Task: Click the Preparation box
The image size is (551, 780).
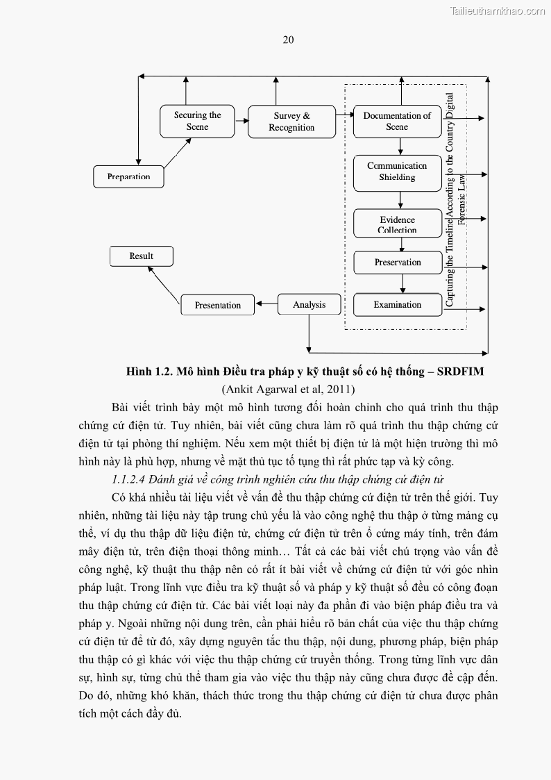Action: click(129, 176)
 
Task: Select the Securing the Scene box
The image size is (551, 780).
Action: click(197, 121)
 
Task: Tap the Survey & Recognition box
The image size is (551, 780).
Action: click(291, 122)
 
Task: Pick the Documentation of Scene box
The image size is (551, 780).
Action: click(397, 121)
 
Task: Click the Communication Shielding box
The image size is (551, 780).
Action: click(397, 172)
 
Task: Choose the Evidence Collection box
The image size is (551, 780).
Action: click(397, 224)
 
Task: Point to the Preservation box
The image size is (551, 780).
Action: click(398, 263)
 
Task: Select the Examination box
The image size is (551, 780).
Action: click(397, 305)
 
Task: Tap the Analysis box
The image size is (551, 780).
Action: click(309, 305)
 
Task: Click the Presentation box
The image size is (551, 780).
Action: click(218, 306)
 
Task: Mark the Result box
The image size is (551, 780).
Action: click(142, 256)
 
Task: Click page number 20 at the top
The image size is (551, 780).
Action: click(288, 40)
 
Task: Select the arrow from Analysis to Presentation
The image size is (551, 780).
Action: click(266, 304)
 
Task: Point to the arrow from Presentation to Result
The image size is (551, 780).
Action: click(164, 283)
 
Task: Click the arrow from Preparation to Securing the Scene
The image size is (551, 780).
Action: click(178, 153)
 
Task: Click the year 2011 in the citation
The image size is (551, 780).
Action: click(339, 389)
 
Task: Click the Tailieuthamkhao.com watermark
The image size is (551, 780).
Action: click(498, 10)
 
